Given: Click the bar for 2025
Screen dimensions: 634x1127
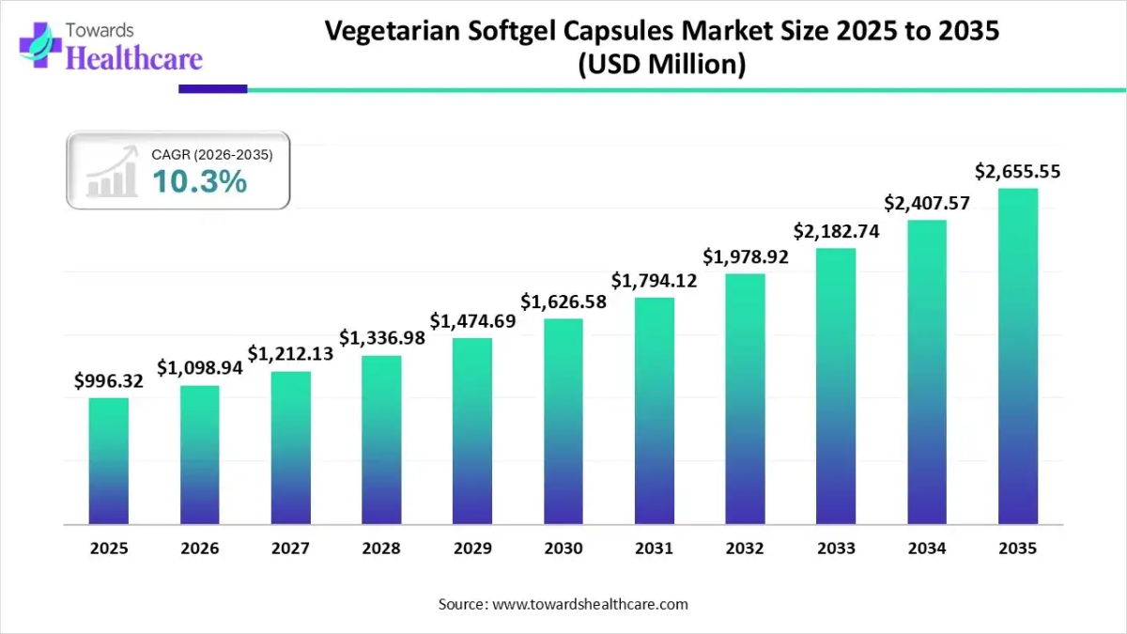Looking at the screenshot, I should [x=109, y=460].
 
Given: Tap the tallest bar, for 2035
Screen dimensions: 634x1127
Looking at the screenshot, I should [x=1017, y=356].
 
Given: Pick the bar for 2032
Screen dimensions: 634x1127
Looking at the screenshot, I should [x=745, y=398].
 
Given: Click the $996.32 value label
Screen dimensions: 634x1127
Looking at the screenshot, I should [x=109, y=380].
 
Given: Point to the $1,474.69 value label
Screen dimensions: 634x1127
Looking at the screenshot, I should [x=473, y=321].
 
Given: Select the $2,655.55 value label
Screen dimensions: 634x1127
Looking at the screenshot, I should [x=1018, y=172].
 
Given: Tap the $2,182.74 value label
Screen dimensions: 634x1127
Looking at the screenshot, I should [x=836, y=231].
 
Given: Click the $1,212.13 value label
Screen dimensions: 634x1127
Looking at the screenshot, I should [x=291, y=353].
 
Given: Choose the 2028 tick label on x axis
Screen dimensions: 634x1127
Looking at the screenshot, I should [x=382, y=549].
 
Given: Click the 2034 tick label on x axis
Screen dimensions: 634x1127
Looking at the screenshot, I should [x=927, y=549].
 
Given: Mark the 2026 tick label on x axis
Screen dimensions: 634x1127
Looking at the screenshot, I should [x=200, y=549].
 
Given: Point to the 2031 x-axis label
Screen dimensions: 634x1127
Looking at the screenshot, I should [x=655, y=549].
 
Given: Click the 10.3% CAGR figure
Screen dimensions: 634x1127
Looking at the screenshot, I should [x=199, y=182].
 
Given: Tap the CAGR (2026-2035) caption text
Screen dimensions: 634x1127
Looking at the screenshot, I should [x=212, y=154].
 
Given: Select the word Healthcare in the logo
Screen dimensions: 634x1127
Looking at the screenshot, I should [x=134, y=59].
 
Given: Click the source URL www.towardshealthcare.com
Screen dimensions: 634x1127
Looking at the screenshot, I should [x=590, y=604].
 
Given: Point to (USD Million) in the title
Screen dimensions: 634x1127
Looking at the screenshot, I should [x=661, y=65].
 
